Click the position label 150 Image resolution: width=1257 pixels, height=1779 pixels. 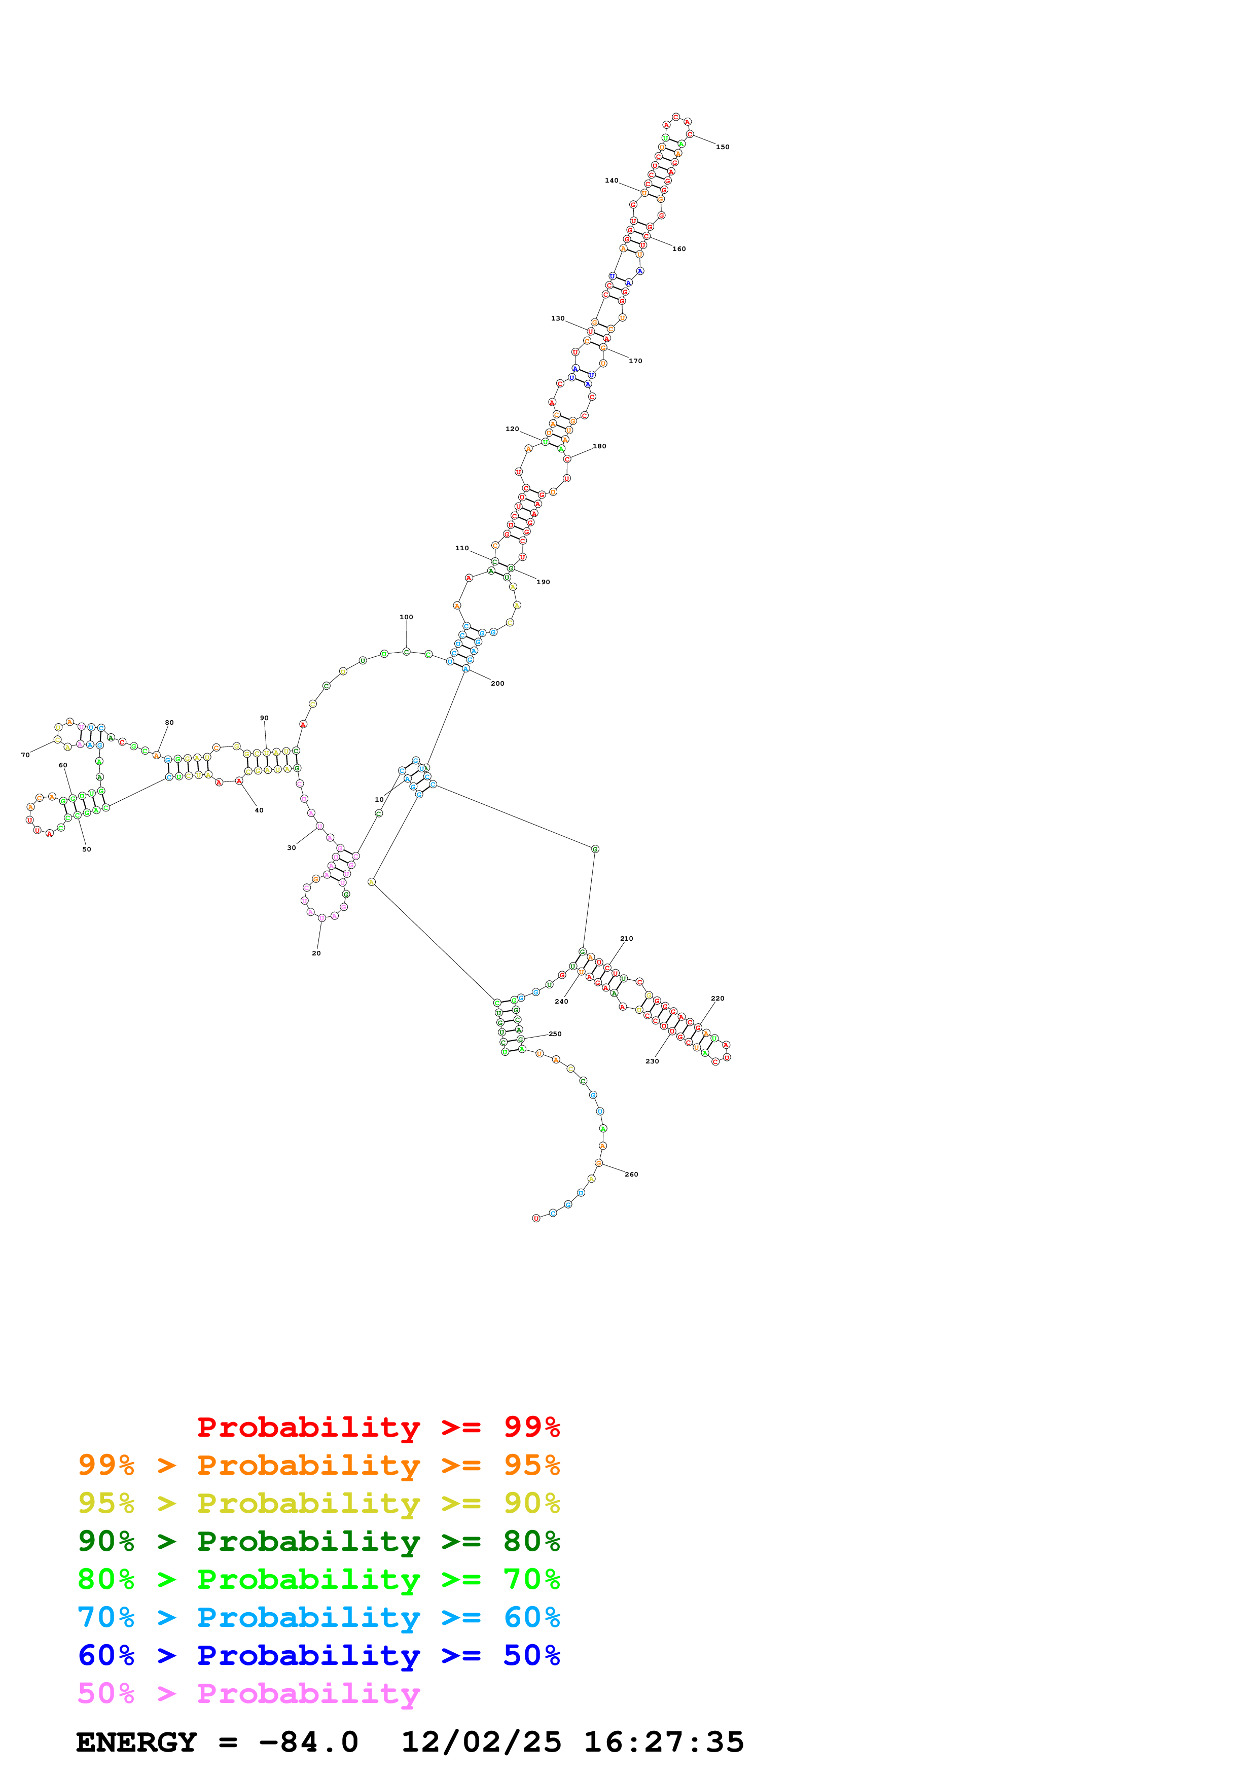coord(722,147)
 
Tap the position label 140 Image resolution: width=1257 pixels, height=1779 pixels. coord(611,181)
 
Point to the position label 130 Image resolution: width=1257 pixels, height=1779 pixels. coord(558,318)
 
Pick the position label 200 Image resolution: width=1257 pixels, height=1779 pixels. coord(497,684)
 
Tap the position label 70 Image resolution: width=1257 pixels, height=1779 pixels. coord(25,755)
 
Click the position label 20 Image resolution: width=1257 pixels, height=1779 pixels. coord(316,953)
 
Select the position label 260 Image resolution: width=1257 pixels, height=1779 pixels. coord(631,1174)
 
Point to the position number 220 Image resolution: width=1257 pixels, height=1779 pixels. coord(717,998)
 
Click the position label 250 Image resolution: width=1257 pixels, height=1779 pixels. coord(555,1034)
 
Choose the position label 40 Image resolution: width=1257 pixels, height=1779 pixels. coord(259,810)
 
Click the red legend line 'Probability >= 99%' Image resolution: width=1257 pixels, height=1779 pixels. coord(378,1427)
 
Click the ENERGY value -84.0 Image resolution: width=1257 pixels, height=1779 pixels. coord(308,1742)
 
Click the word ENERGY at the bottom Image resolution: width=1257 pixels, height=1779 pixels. coord(136,1742)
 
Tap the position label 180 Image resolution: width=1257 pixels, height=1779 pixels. coord(599,446)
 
